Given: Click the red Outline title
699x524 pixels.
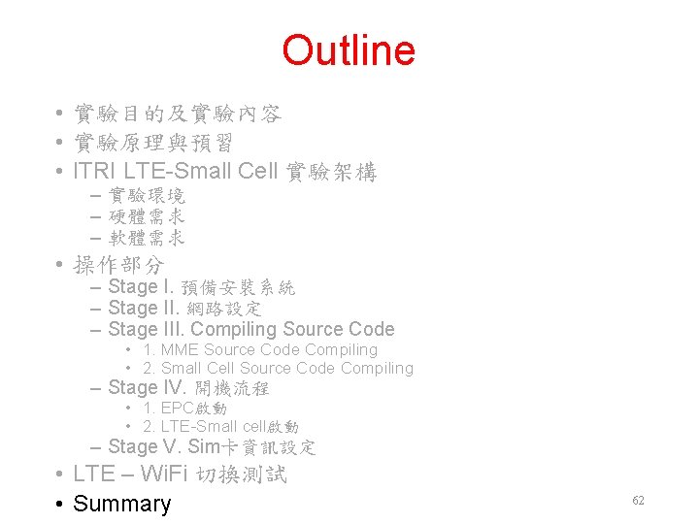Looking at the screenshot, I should pyautogui.click(x=349, y=51).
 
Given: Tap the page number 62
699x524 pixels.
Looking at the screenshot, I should pyautogui.click(x=638, y=501).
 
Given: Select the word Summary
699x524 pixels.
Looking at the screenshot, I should pyautogui.click(x=122, y=504).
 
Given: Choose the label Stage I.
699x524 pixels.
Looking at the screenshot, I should pyautogui.click(x=140, y=287).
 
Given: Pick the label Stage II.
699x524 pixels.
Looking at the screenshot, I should pyautogui.click(x=143, y=309).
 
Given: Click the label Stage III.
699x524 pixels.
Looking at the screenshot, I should pyautogui.click(x=146, y=330).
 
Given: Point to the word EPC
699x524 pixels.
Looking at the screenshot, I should pyautogui.click(x=178, y=409).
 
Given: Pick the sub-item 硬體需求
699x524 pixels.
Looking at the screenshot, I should pyautogui.click(x=147, y=216).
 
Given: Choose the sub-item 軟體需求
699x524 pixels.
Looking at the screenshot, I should pyautogui.click(x=147, y=238).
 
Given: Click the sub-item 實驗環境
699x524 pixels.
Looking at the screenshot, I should pyautogui.click(x=147, y=196).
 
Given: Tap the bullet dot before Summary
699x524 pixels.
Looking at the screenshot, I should pyautogui.click(x=60, y=505).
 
